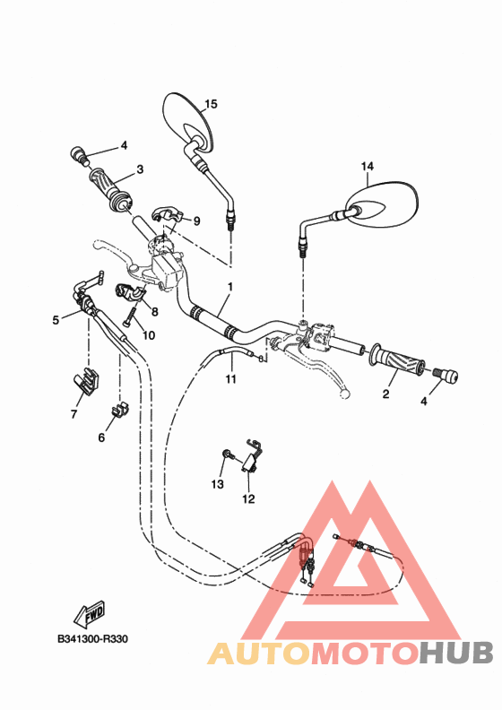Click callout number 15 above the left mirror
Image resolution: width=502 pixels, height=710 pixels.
tap(211, 104)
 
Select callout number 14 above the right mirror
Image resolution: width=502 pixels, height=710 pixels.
tap(367, 166)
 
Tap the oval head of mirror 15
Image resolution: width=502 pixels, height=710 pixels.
tap(189, 121)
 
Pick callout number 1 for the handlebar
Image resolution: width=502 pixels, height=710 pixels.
tap(229, 288)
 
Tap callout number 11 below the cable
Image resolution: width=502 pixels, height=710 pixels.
tap(230, 379)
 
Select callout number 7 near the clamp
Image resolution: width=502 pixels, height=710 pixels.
tap(74, 414)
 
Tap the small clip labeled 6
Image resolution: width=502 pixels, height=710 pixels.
tap(117, 411)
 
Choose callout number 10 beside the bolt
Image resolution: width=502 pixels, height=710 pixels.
tap(149, 335)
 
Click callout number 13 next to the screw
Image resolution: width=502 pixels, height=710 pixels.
tap(217, 484)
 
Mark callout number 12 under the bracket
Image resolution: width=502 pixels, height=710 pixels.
tap(248, 498)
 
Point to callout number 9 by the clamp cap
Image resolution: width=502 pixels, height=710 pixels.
tap(196, 221)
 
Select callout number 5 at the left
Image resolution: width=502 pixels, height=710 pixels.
tap(56, 318)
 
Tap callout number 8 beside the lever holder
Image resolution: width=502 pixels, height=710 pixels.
tap(154, 312)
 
